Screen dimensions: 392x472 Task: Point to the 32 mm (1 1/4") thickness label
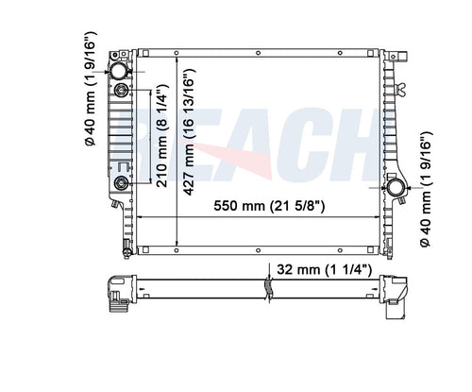tap(323, 269)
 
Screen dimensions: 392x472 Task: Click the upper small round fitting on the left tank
tap(121, 91)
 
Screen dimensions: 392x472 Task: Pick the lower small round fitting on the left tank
tap(121, 183)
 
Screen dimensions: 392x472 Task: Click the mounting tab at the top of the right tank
tap(390, 56)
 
